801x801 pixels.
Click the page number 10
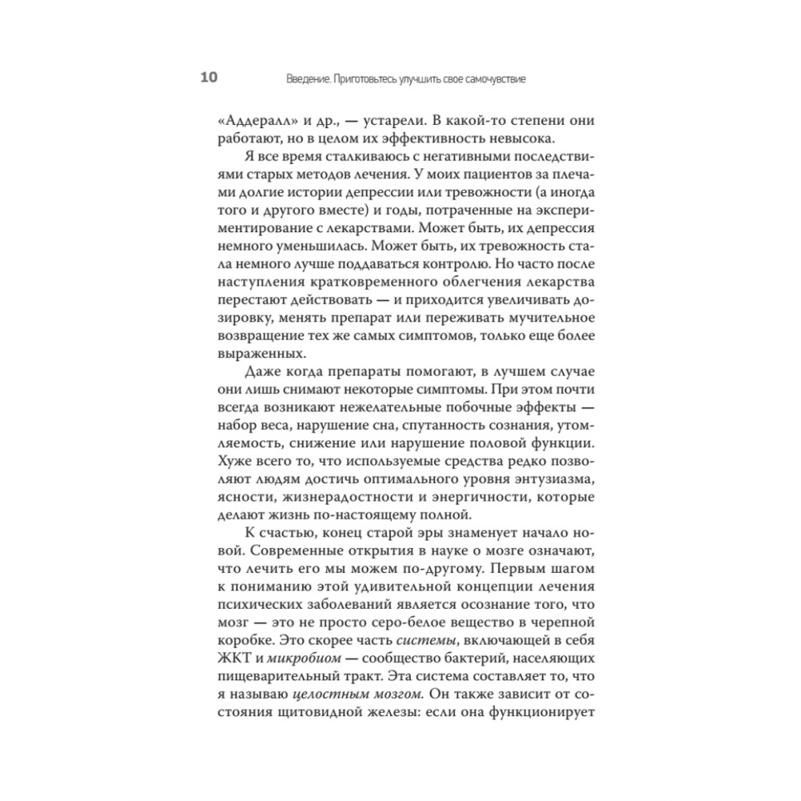click(207, 78)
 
